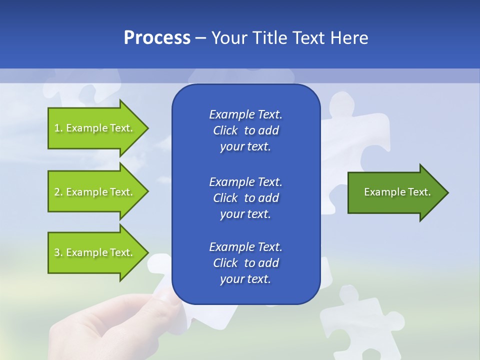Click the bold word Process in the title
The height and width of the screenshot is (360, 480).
pos(157,38)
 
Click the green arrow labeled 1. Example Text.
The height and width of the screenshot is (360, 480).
pos(95,128)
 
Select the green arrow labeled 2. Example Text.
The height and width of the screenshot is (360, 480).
pos(95,192)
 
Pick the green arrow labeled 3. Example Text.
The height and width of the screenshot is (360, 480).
pos(95,252)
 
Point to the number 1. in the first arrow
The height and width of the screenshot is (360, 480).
pos(58,128)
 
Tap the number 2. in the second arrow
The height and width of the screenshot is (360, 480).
pos(58,192)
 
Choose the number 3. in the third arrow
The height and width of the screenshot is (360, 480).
pos(58,252)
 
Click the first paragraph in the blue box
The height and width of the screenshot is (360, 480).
pos(245,130)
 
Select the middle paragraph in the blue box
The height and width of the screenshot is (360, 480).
pos(245,198)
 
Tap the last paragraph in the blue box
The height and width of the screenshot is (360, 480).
pos(245,263)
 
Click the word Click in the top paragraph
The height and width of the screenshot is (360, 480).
pos(225,130)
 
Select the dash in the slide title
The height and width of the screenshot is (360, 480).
pos(200,38)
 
